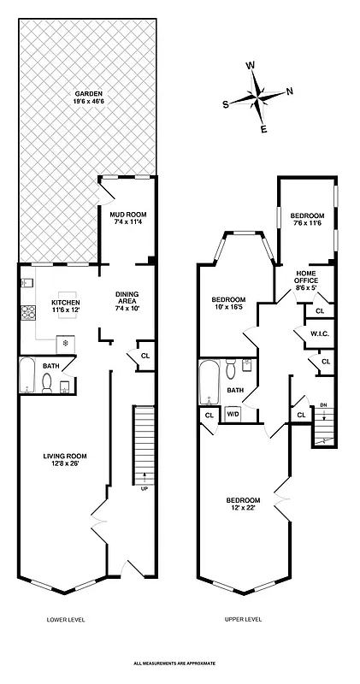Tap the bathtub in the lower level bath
pos(28,375)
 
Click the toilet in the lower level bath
pos(48,386)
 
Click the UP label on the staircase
pos(145,488)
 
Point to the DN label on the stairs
pos(322,405)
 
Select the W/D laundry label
pos(233,415)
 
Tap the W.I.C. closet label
pos(320,333)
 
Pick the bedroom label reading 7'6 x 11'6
pos(307,219)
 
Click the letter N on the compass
pos(289,91)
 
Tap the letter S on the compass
pos(226,104)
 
